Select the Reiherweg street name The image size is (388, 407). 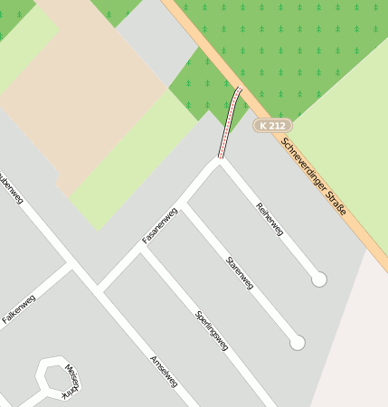[270, 218]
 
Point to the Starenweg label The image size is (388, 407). [240, 272]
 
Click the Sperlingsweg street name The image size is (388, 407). [211, 329]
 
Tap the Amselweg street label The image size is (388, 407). [163, 371]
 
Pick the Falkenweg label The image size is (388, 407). [18, 308]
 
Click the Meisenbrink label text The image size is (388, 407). [70, 381]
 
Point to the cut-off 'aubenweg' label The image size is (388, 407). [9, 186]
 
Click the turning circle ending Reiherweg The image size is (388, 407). [318, 279]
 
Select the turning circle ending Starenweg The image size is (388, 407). [297, 343]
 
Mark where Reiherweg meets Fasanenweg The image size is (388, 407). [219, 161]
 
